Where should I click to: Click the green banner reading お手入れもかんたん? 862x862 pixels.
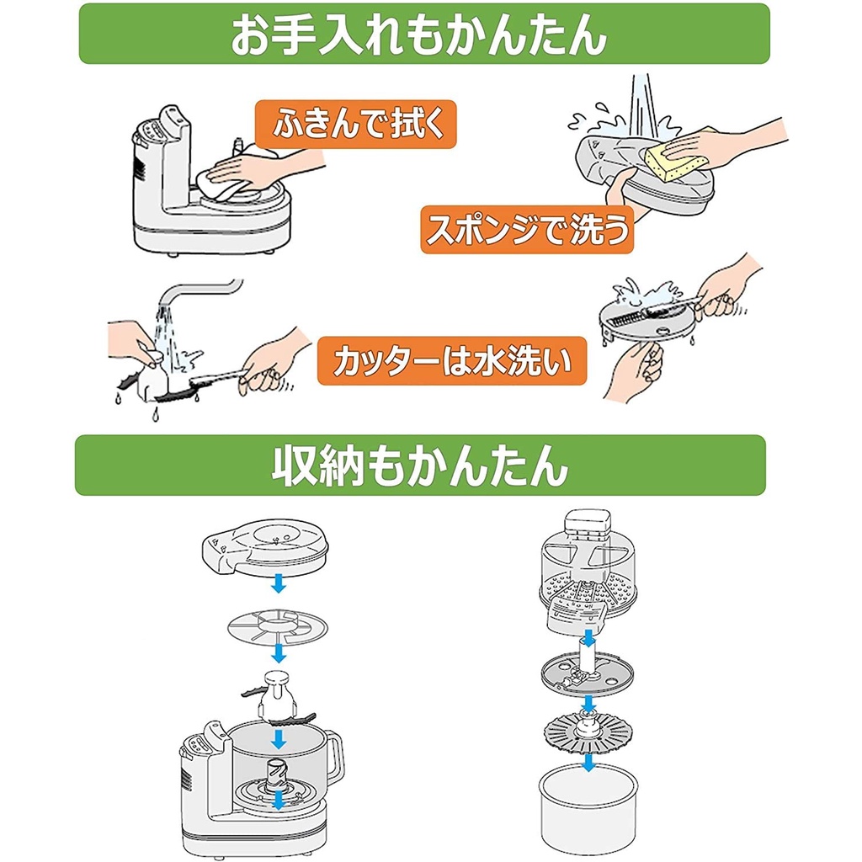coord(424,34)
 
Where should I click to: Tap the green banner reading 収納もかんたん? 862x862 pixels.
coord(421,466)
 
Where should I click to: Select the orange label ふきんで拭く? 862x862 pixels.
coord(356,125)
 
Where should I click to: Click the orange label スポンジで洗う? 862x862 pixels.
coord(527,229)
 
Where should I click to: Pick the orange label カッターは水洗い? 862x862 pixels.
coord(452,361)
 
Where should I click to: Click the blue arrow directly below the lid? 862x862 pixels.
coord(279,583)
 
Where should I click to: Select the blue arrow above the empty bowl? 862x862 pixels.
coord(588,762)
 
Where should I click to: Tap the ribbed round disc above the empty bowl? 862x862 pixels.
coord(587,732)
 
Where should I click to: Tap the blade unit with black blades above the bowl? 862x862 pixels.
coord(278,698)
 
